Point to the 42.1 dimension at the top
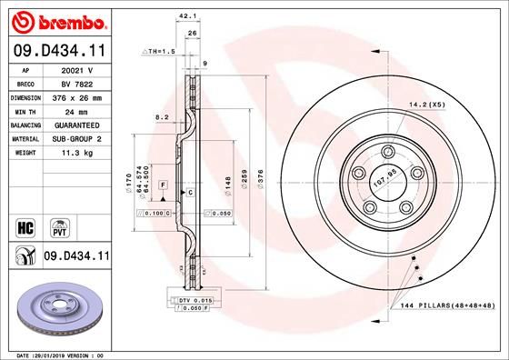click(188, 15)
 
